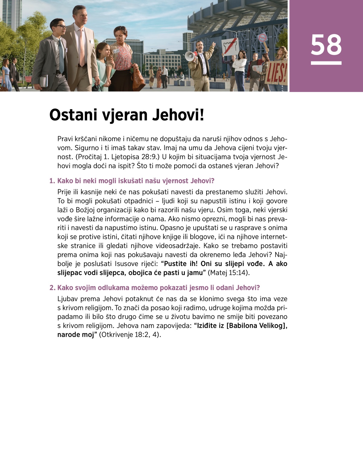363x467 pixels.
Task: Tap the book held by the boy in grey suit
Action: click(44, 81)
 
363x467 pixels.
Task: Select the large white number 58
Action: click(326, 45)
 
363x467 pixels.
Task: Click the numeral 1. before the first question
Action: click(52, 181)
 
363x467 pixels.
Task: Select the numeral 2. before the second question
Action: click(52, 288)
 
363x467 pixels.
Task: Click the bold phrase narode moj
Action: click(76, 335)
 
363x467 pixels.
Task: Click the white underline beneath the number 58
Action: click(326, 63)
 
